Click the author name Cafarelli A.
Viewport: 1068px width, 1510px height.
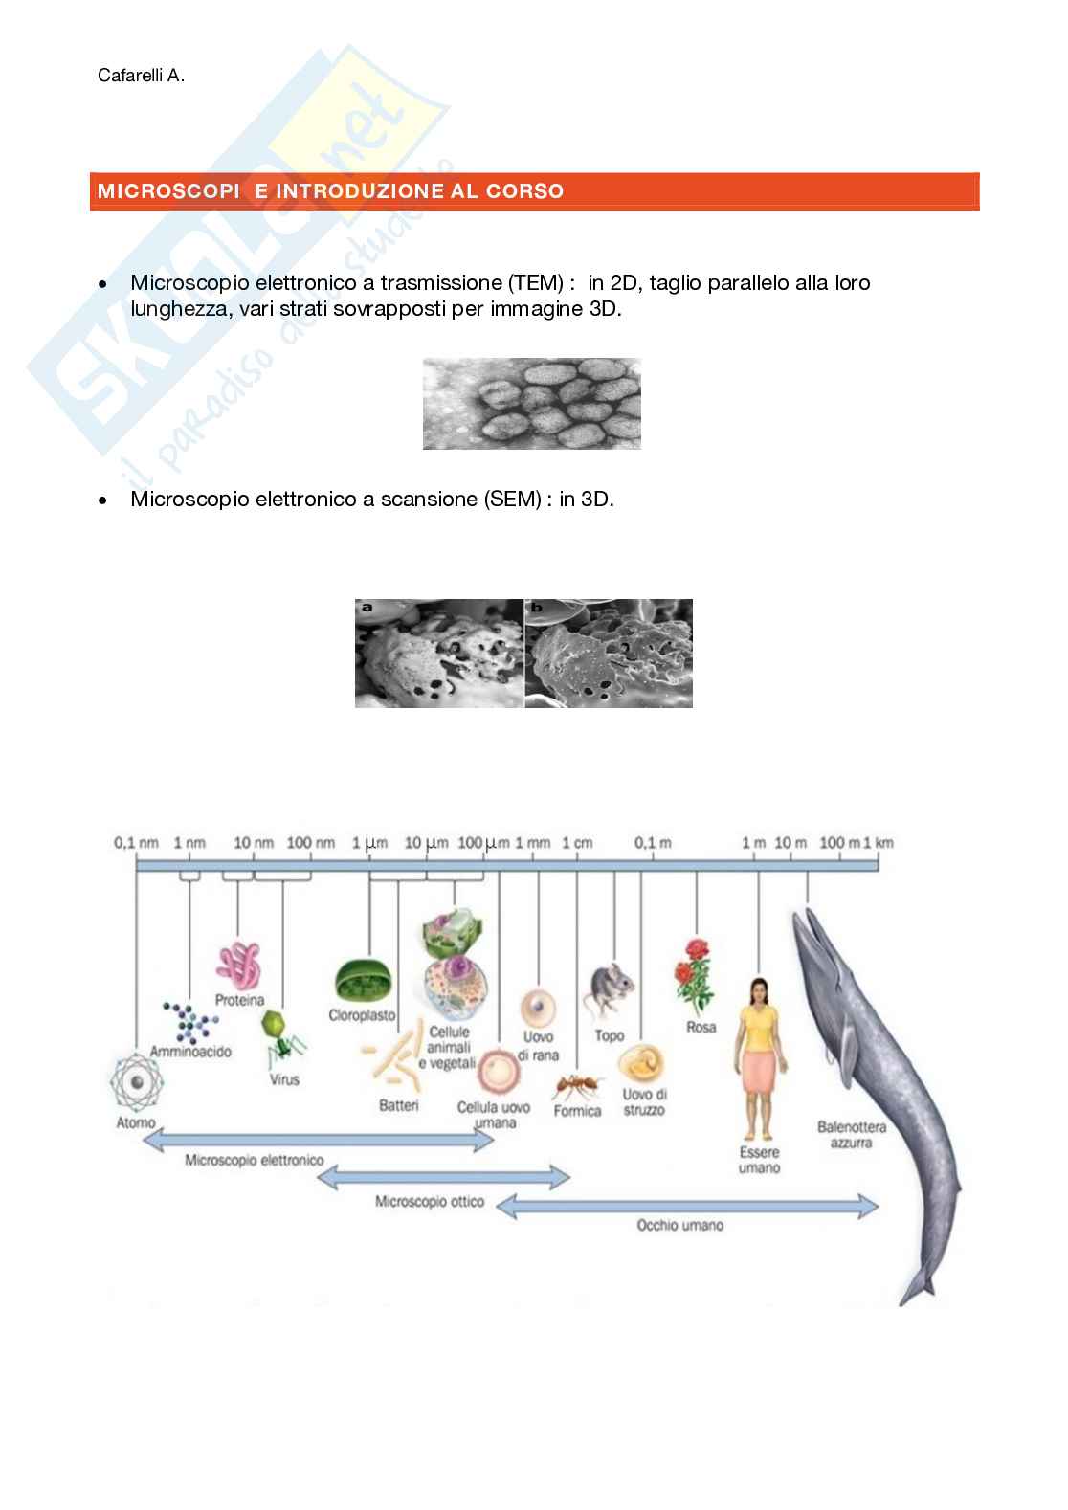141,76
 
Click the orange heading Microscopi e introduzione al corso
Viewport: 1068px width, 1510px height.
330,191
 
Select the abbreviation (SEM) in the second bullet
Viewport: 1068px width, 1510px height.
513,500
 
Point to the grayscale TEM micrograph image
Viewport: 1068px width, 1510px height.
531,404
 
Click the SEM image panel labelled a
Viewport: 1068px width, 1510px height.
439,654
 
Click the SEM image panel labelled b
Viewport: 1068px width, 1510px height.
609,654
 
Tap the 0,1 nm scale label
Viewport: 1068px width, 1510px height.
137,843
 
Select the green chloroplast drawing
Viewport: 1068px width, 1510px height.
362,981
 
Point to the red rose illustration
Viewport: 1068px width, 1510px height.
696,976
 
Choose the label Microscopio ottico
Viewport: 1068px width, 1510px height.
430,1201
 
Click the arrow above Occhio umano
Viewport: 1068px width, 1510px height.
686,1207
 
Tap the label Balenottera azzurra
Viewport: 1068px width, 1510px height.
851,1135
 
